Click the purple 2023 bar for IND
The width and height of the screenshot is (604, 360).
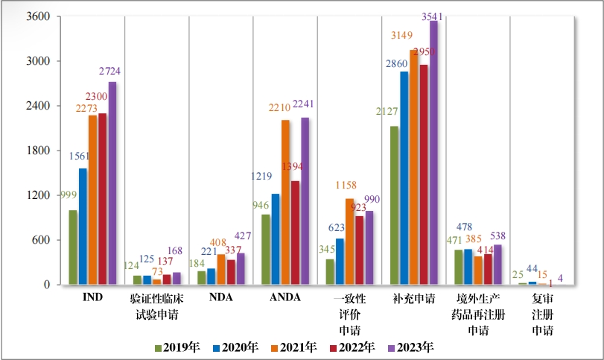[x=112, y=183]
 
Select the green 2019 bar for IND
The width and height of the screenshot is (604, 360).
[x=73, y=247]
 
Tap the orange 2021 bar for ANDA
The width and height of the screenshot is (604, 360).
[x=285, y=202]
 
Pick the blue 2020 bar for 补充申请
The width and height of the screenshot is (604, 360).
[x=404, y=178]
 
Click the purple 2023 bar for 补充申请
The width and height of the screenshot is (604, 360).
[x=433, y=153]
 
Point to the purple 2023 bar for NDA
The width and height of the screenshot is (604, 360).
[x=241, y=269]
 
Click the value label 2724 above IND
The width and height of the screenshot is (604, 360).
[x=109, y=72]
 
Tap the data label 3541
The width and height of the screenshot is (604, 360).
[x=433, y=16]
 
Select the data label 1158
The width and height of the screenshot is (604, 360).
[x=348, y=183]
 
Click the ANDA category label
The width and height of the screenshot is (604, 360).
[x=284, y=298]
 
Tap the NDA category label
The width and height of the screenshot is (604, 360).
[x=220, y=298]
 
